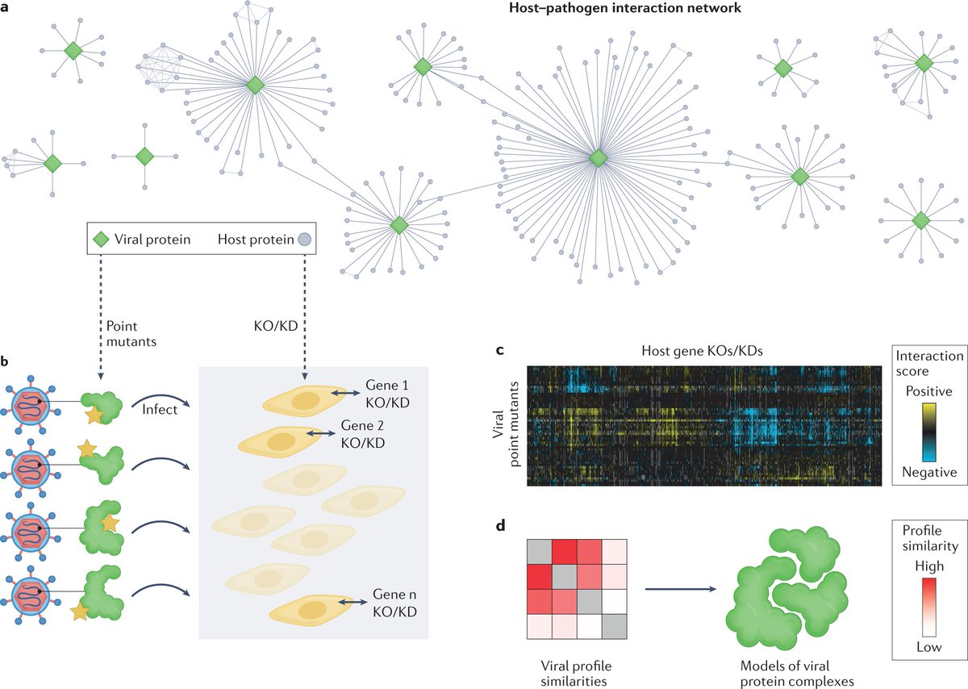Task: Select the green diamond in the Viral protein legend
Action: coord(102,239)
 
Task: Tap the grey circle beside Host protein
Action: coord(304,239)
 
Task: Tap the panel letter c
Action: coord(500,351)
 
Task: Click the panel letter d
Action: coord(501,528)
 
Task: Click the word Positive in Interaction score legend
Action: coord(928,390)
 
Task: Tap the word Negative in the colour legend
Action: coord(928,472)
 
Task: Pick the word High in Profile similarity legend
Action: coord(928,567)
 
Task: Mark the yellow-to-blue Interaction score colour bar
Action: coord(928,432)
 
